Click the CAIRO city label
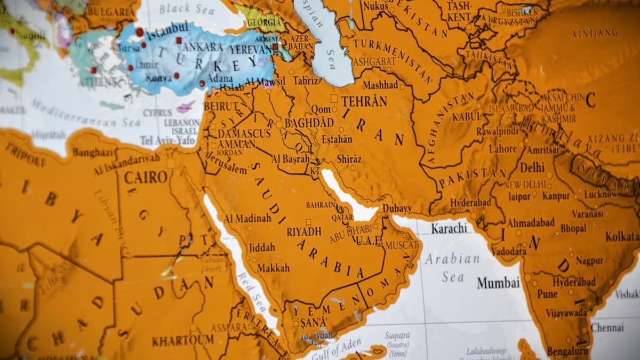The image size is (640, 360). (x=146, y=177)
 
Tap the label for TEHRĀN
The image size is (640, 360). (x=364, y=101)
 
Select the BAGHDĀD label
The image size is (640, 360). (x=309, y=123)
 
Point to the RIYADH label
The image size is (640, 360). (x=304, y=231)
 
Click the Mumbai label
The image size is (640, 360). (x=498, y=283)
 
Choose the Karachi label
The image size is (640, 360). (x=449, y=228)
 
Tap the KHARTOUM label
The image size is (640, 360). (x=182, y=340)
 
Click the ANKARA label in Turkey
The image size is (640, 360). (x=202, y=46)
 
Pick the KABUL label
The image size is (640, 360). (x=466, y=116)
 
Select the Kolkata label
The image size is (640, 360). (x=622, y=236)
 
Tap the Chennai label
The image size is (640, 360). (x=607, y=327)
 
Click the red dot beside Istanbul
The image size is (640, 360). (x=139, y=32)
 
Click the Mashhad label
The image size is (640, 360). (x=380, y=85)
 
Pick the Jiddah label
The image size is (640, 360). (x=261, y=247)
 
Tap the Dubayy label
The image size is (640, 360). (x=397, y=209)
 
